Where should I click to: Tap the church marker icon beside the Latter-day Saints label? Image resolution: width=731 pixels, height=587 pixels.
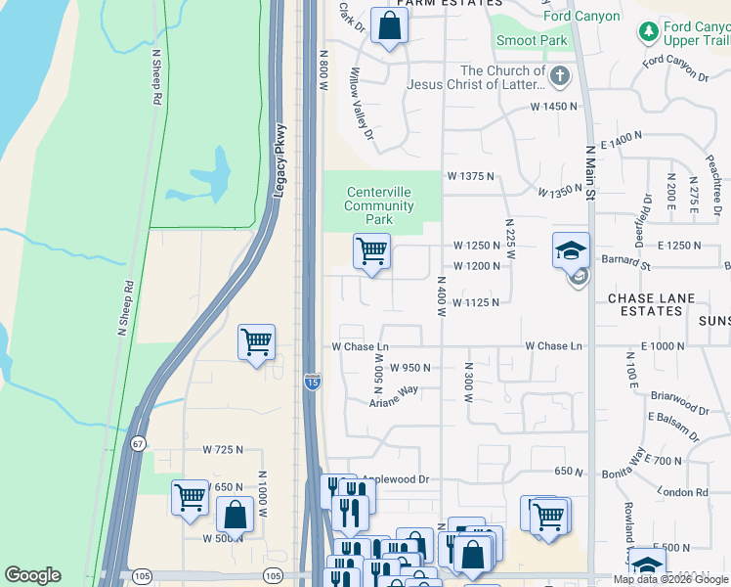pyautogui.click(x=559, y=76)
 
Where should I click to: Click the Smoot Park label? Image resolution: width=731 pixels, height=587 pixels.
pyautogui.click(x=532, y=41)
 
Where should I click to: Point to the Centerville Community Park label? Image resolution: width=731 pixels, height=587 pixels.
pyautogui.click(x=378, y=205)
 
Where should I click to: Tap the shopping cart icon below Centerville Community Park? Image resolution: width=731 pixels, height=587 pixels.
pyautogui.click(x=371, y=251)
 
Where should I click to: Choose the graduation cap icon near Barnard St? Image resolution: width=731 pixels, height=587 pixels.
pyautogui.click(x=571, y=251)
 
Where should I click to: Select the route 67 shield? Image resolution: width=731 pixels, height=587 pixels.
pyautogui.click(x=140, y=443)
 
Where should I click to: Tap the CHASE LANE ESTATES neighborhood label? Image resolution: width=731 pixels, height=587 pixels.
pyautogui.click(x=645, y=304)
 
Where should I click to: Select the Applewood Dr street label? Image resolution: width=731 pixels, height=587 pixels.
pyautogui.click(x=395, y=479)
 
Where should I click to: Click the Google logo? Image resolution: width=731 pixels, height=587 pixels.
pyautogui.click(x=32, y=575)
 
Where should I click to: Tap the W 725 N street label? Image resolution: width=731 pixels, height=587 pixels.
pyautogui.click(x=222, y=449)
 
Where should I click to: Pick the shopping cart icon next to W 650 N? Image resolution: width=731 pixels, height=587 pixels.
pyautogui.click(x=190, y=497)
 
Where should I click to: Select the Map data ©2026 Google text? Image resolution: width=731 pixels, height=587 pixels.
pyautogui.click(x=670, y=579)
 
